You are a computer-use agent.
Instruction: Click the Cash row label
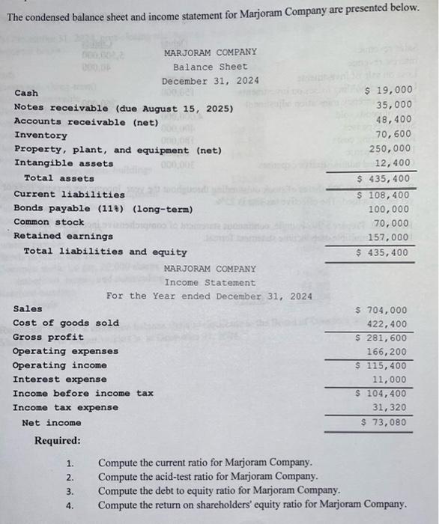click(x=26, y=94)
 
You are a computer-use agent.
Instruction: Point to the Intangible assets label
click(x=64, y=163)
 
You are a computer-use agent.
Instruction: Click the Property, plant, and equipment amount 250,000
click(x=391, y=148)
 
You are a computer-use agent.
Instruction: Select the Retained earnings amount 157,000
click(x=391, y=237)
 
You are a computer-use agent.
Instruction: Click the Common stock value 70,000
click(x=393, y=222)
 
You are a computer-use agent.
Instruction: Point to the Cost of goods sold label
click(x=66, y=323)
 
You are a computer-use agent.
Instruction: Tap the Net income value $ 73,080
click(x=384, y=422)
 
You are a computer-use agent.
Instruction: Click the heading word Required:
click(x=58, y=440)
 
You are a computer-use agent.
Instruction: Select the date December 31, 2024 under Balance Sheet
click(x=210, y=80)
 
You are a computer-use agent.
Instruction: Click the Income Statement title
click(x=210, y=282)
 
